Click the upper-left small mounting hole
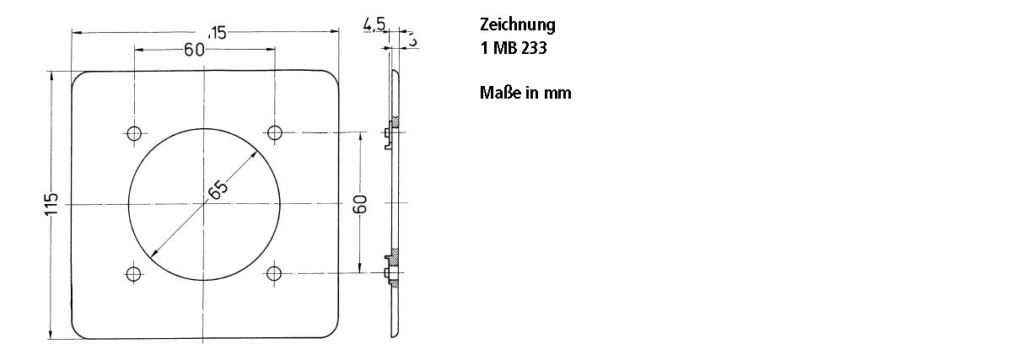134,132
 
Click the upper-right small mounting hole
274,132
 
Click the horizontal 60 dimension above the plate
195,50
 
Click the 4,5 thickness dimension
374,25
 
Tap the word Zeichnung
518,24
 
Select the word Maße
499,92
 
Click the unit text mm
557,93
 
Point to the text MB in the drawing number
504,48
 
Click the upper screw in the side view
389,132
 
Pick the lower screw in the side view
389,272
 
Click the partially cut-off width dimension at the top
218,33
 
